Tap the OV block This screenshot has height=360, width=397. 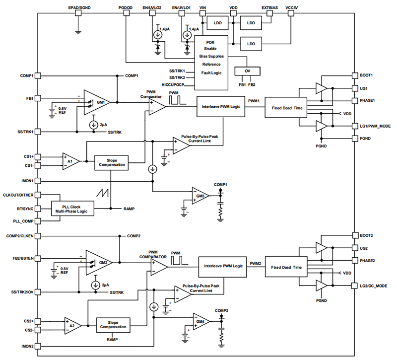(x=247, y=71)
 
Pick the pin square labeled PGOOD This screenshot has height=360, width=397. (x=126, y=13)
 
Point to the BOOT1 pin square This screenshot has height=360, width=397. (x=354, y=75)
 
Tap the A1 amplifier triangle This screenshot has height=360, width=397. (x=70, y=161)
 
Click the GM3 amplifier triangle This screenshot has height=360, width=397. (x=200, y=196)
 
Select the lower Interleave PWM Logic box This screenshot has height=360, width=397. (x=223, y=267)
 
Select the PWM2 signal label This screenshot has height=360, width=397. (x=256, y=263)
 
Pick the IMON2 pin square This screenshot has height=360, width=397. (x=38, y=346)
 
